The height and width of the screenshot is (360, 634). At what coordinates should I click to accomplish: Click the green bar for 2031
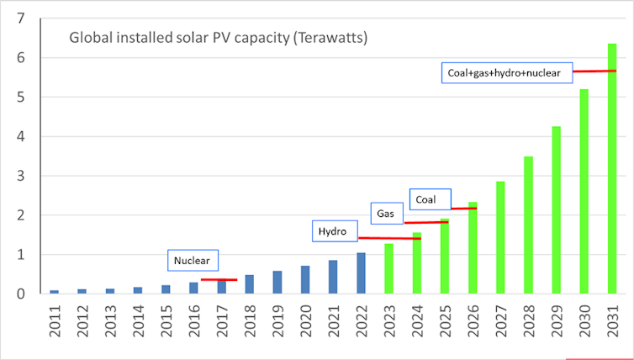click(x=612, y=168)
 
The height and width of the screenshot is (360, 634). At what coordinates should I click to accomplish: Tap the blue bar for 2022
click(x=361, y=273)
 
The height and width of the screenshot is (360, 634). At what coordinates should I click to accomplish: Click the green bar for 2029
click(x=556, y=209)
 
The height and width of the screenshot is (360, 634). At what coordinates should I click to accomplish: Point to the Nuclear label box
click(x=193, y=261)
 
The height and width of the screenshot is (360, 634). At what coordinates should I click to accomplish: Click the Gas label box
click(x=385, y=214)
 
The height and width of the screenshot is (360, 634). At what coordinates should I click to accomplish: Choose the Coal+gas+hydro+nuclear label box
click(x=507, y=72)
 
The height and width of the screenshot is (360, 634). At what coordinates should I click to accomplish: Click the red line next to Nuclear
click(x=219, y=279)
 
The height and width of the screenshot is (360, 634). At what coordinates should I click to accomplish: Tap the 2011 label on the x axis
click(x=55, y=323)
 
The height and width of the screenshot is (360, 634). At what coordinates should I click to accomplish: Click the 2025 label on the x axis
click(x=445, y=323)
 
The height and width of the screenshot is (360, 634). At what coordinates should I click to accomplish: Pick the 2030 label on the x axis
click(x=584, y=323)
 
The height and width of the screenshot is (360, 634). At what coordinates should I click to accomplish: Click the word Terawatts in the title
click(x=329, y=39)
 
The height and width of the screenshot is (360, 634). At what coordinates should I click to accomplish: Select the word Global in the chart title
click(x=88, y=38)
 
